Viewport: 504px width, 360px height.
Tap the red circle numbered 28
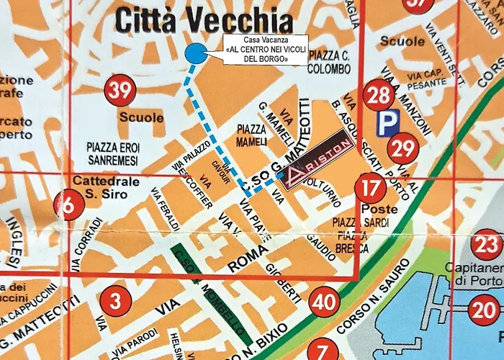click(x=379, y=95)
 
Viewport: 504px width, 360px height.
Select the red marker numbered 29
click(x=402, y=149)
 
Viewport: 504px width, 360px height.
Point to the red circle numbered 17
click(x=370, y=189)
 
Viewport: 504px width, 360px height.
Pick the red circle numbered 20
click(x=482, y=311)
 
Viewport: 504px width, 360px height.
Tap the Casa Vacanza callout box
click(x=266, y=50)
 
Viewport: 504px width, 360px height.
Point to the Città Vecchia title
click(x=204, y=19)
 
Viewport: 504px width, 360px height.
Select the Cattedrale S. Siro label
click(x=99, y=187)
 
